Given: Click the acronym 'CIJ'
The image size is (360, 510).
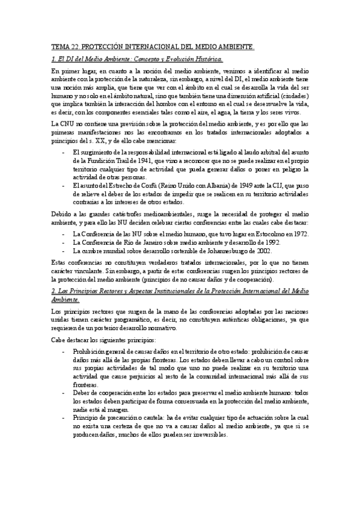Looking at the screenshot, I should pos(285,186).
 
